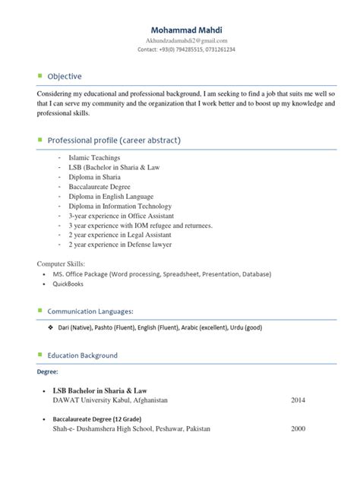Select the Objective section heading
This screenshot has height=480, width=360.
click(65, 77)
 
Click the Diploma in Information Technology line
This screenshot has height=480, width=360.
click(122, 206)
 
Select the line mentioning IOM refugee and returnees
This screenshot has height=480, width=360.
click(141, 226)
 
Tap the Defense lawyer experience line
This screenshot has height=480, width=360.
click(120, 245)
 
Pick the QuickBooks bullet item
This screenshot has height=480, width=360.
click(68, 284)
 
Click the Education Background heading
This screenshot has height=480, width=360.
click(82, 355)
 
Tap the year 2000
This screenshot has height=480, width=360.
click(298, 429)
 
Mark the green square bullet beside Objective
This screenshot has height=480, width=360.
click(40, 76)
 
